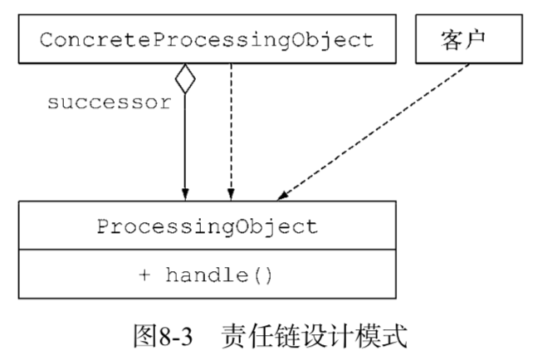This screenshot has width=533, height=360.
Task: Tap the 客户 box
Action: click(460, 39)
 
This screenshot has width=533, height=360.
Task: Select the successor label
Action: click(109, 103)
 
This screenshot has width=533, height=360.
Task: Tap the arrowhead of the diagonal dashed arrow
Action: click(282, 196)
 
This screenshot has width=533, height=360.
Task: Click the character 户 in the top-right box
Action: click(474, 39)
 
